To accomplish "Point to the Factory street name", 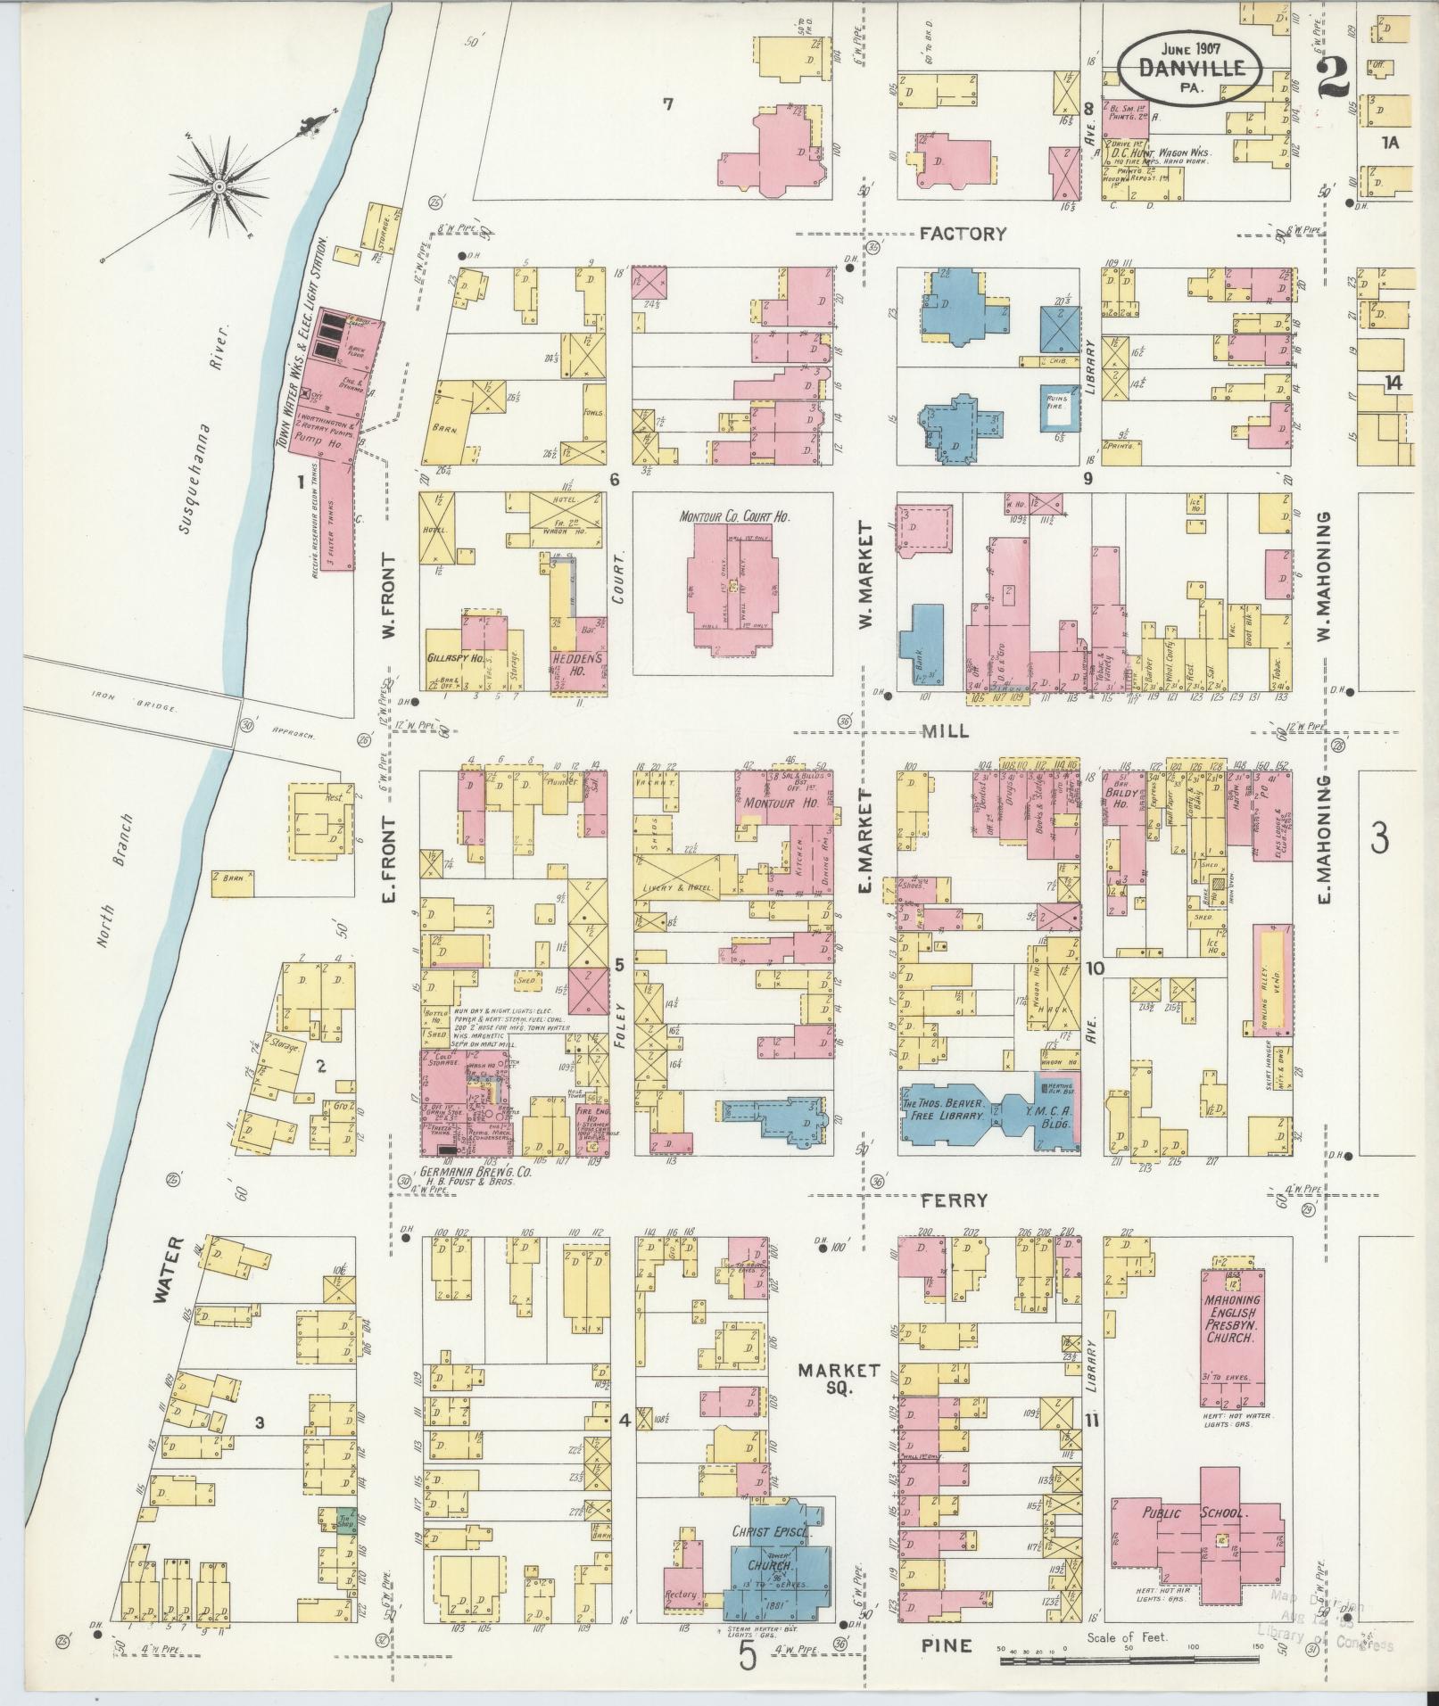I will [x=963, y=234].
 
